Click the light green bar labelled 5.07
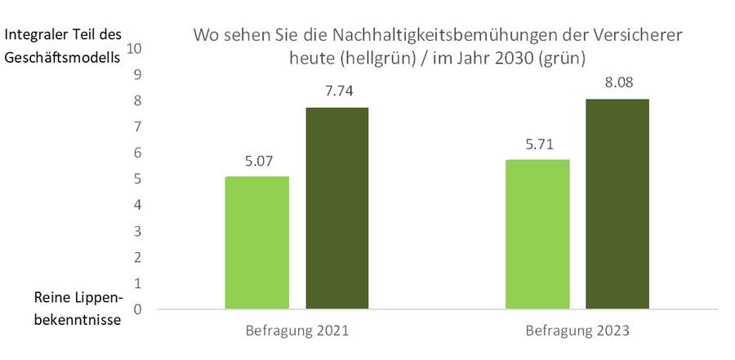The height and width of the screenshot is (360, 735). click(x=256, y=242)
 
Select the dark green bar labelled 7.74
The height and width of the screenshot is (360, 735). click(x=336, y=208)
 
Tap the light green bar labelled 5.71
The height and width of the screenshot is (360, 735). click(x=537, y=234)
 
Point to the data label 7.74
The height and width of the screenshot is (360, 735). click(x=336, y=91)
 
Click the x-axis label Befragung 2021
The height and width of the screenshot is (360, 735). click(x=296, y=332)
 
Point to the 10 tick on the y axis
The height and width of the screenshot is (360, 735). click(x=135, y=48)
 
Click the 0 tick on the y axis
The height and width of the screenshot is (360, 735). click(x=137, y=309)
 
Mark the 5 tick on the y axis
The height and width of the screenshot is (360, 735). click(x=137, y=179)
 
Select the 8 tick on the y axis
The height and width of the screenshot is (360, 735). click(x=137, y=100)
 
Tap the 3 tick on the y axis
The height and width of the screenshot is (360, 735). click(x=137, y=231)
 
